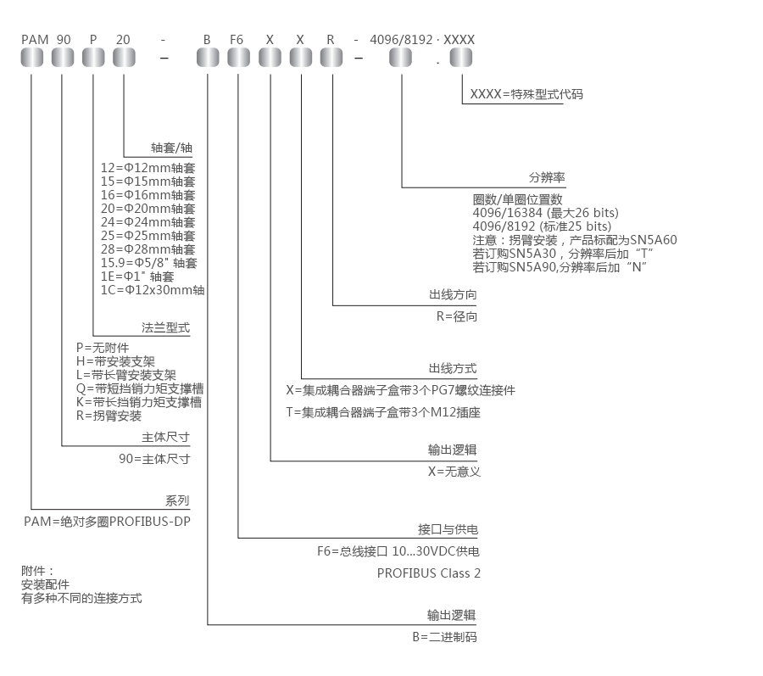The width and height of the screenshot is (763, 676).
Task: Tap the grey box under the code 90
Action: (x=64, y=58)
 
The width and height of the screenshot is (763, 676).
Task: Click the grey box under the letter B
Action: (x=208, y=58)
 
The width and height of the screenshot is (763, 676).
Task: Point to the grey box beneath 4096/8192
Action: (x=401, y=58)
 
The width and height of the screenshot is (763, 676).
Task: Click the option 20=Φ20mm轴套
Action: (x=148, y=209)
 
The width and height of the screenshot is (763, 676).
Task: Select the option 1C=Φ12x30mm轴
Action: (x=152, y=290)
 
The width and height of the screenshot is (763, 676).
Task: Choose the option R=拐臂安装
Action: (x=109, y=416)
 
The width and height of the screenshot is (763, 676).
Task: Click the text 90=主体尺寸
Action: (x=154, y=458)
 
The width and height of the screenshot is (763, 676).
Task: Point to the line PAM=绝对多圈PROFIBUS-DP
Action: (x=107, y=521)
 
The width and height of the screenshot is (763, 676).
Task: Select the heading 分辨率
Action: (x=547, y=178)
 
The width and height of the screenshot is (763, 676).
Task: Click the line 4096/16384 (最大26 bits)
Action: (x=545, y=212)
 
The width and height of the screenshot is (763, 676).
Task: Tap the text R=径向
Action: (x=457, y=316)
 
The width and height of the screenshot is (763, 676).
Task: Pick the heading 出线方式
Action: (x=453, y=369)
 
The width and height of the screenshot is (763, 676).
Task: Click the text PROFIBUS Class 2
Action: (x=429, y=573)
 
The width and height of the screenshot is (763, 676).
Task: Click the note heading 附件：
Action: (x=37, y=571)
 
